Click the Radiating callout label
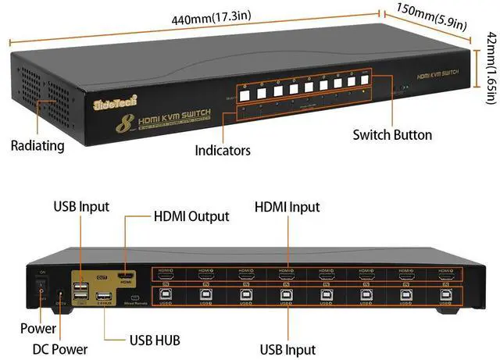pyautogui.click(x=38, y=145)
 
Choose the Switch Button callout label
pyautogui.click(x=392, y=134)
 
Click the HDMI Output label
pyautogui.click(x=191, y=216)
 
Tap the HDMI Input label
pyautogui.click(x=287, y=207)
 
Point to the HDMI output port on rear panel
pyautogui.click(x=123, y=276)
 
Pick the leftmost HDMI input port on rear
pyautogui.click(x=166, y=276)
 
